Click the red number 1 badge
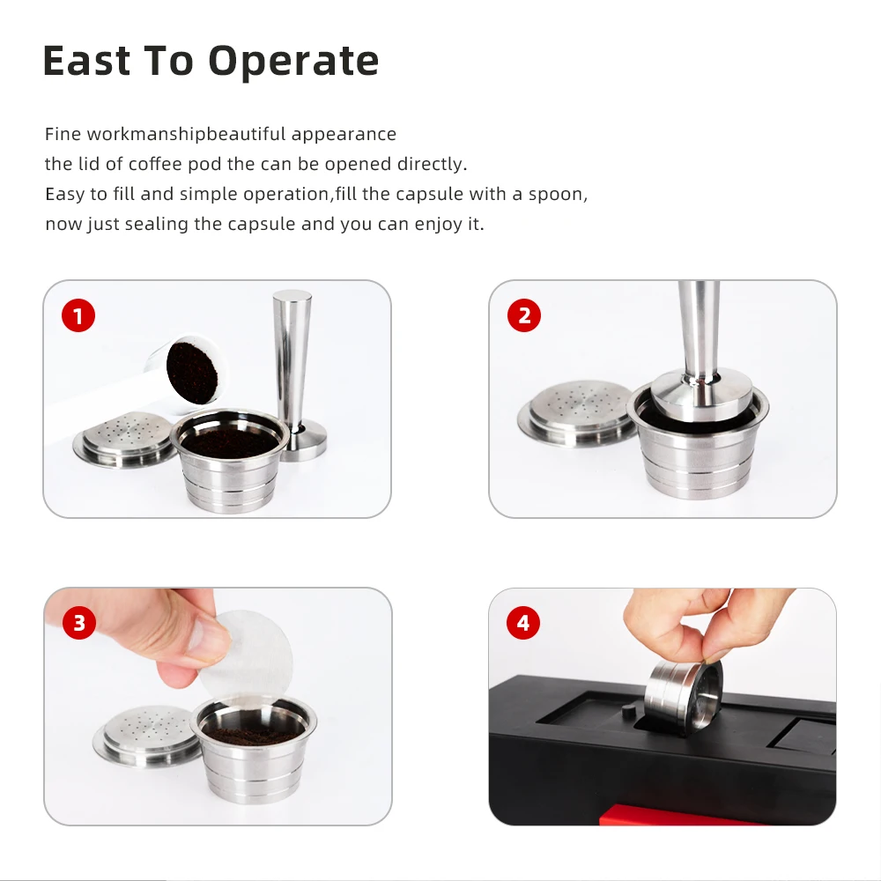pyautogui.click(x=78, y=315)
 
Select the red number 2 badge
pyautogui.click(x=524, y=315)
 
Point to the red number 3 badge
pyautogui.click(x=78, y=624)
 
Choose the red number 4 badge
pyautogui.click(x=524, y=624)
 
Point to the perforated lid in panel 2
pyautogui.click(x=577, y=410)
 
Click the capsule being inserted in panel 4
pyautogui.click(x=683, y=696)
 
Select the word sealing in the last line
pyautogui.click(x=157, y=224)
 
